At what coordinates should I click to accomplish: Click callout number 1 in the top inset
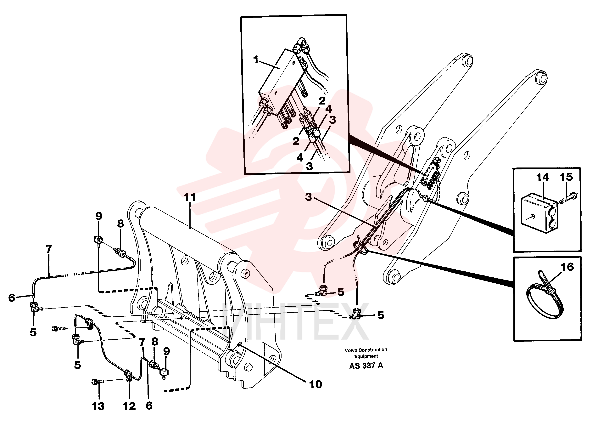256,60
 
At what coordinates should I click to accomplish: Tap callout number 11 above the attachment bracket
190,197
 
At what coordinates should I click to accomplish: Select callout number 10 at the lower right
315,384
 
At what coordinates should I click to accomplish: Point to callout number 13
98,406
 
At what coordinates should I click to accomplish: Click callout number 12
129,406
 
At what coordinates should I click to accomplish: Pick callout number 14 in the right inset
543,178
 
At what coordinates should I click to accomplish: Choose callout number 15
566,177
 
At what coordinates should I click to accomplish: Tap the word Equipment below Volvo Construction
366,356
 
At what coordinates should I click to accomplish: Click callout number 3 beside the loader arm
308,197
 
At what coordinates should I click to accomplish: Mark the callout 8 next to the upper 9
120,224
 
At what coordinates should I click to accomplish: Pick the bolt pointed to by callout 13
97,382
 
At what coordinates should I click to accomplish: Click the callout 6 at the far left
11,297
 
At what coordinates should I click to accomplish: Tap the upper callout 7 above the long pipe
49,249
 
